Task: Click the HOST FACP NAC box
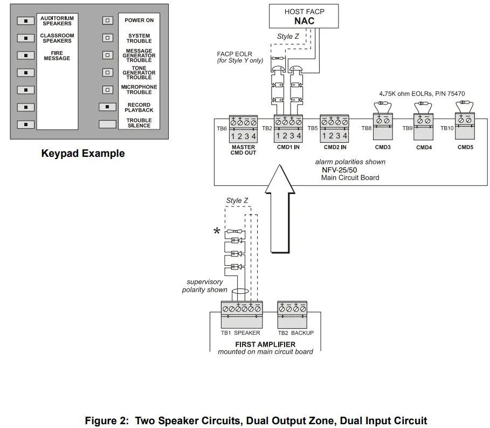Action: tap(304, 16)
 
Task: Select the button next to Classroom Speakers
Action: tap(25, 38)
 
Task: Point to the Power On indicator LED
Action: tap(108, 20)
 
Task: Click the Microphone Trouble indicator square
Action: tap(108, 89)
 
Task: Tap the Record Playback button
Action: tap(107, 107)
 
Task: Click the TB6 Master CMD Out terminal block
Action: tap(243, 128)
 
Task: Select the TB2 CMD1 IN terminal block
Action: tap(288, 128)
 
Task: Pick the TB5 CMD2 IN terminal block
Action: tap(335, 128)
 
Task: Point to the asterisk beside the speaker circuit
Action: tap(217, 232)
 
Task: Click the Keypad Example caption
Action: tap(83, 154)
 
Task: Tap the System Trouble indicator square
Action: tap(108, 38)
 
